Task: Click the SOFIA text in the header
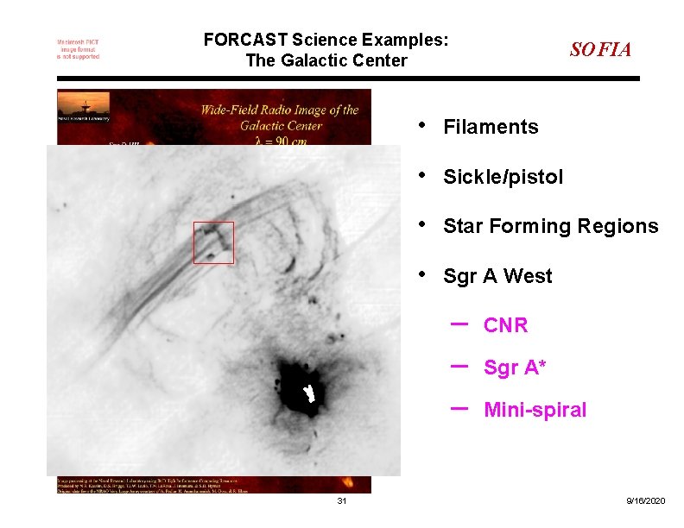click(600, 50)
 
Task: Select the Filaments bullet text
click(490, 128)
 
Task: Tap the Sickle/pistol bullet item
click(503, 178)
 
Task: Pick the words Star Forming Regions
click(550, 227)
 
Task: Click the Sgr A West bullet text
click(497, 277)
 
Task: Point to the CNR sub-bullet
click(505, 326)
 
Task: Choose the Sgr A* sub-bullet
click(515, 368)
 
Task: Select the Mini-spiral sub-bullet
click(535, 411)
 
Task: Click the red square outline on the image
click(213, 242)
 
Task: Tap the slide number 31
click(342, 501)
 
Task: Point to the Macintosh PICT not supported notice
click(78, 49)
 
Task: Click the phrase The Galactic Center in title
click(326, 60)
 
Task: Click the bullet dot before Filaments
click(421, 124)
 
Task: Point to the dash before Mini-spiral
click(459, 405)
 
